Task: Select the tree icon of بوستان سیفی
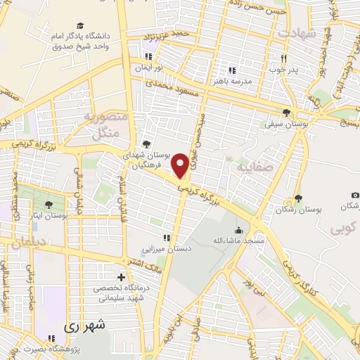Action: click(287, 112)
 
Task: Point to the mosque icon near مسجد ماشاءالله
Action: click(238, 230)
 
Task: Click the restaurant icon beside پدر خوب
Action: click(283, 59)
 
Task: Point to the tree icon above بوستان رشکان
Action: click(298, 198)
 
